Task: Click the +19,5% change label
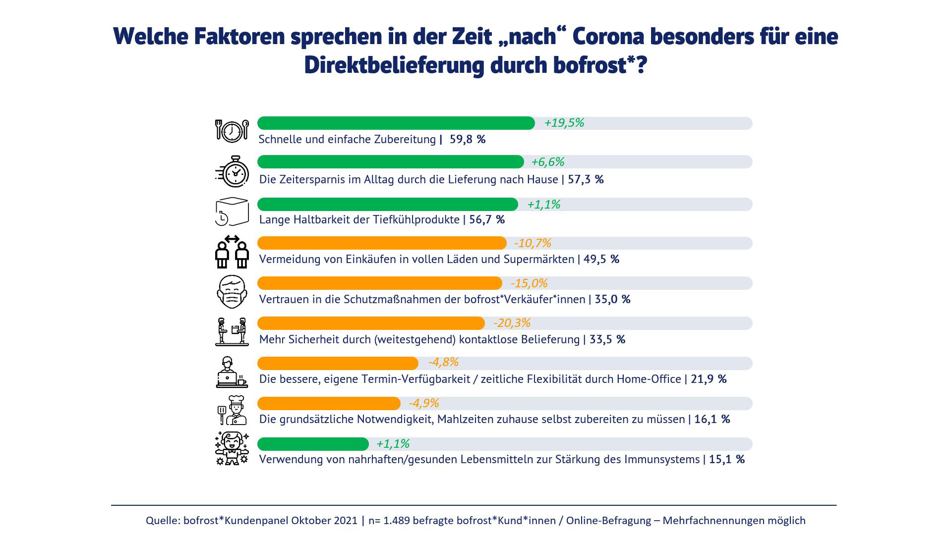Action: (564, 123)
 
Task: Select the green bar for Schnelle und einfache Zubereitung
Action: (396, 123)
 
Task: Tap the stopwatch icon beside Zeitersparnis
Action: (233, 172)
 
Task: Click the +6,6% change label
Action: (547, 162)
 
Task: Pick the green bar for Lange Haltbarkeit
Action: (387, 205)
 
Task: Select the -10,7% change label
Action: (533, 243)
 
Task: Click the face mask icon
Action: (232, 292)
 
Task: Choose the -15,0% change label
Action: (529, 283)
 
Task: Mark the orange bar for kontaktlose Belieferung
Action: (371, 323)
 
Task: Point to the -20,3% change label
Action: (512, 323)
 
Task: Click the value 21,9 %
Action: (709, 379)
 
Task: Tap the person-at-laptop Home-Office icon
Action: (232, 372)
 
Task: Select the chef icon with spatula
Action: (232, 410)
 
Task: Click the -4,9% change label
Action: (424, 403)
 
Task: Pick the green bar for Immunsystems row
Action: (313, 444)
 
